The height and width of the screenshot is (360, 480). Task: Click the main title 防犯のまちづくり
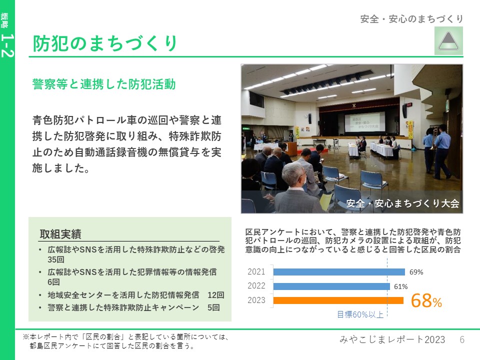click(104, 43)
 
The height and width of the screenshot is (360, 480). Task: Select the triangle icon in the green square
click(448, 41)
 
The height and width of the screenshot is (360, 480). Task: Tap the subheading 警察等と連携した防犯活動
click(104, 84)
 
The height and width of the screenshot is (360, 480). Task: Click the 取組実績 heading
click(60, 234)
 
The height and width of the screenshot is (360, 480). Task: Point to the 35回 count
click(55, 259)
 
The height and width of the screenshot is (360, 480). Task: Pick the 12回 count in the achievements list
click(216, 295)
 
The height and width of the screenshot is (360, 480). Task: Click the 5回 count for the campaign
click(213, 307)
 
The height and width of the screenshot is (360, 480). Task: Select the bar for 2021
click(339, 272)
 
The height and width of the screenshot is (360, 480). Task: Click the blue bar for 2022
click(331, 286)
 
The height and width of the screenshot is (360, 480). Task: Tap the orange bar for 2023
click(338, 300)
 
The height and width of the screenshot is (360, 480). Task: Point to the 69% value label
click(416, 272)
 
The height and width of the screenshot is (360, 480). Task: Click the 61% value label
click(400, 286)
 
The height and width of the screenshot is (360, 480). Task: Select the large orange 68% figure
click(426, 300)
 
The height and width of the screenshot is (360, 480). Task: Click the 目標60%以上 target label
click(360, 314)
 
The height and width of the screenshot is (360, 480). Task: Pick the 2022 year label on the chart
click(256, 286)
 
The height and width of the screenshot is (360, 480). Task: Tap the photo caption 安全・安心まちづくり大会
click(402, 203)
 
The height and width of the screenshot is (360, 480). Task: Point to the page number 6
click(462, 339)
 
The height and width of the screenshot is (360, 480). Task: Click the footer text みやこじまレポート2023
click(392, 339)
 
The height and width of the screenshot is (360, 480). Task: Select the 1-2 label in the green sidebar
click(7, 45)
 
